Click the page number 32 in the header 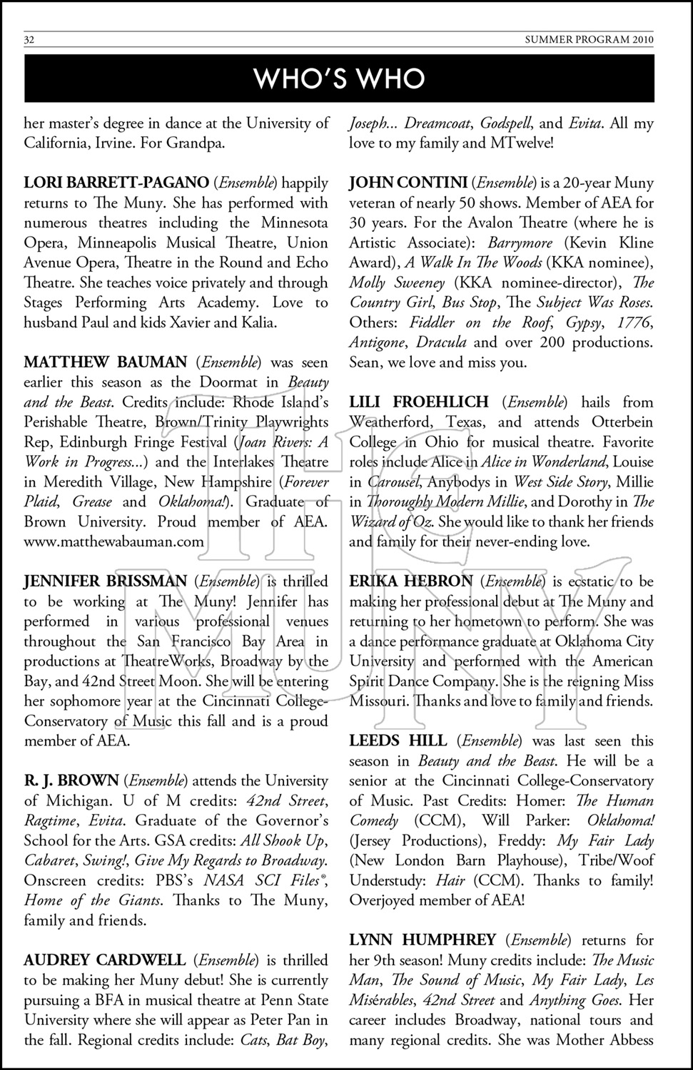[29, 40]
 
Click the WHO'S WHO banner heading [339, 78]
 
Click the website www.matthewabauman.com [114, 541]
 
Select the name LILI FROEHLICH [419, 402]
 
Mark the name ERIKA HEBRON [410, 581]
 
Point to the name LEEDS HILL [398, 741]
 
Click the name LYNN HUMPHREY [423, 940]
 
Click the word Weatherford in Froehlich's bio [393, 422]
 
